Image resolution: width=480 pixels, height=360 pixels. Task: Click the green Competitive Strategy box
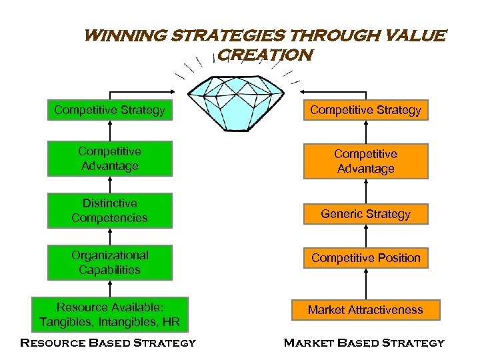point(109,110)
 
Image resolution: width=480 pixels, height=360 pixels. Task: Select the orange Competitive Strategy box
point(365,110)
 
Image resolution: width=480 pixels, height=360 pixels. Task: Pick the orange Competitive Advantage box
point(365,161)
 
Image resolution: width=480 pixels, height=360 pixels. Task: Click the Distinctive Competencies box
point(109,211)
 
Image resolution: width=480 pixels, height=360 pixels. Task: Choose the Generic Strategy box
point(365,214)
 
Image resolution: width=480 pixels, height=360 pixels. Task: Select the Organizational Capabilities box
point(109,263)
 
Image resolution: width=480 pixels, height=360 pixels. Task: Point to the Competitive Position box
point(365,258)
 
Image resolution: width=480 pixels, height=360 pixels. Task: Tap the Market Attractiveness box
point(365,310)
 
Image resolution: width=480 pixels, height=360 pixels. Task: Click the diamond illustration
point(238,99)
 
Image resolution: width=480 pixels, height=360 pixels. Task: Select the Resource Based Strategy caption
point(108,343)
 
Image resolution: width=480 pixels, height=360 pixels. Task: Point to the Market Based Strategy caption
point(364,343)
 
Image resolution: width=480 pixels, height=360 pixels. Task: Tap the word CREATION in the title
point(265,55)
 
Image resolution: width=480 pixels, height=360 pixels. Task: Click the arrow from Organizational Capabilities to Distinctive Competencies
point(109,237)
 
